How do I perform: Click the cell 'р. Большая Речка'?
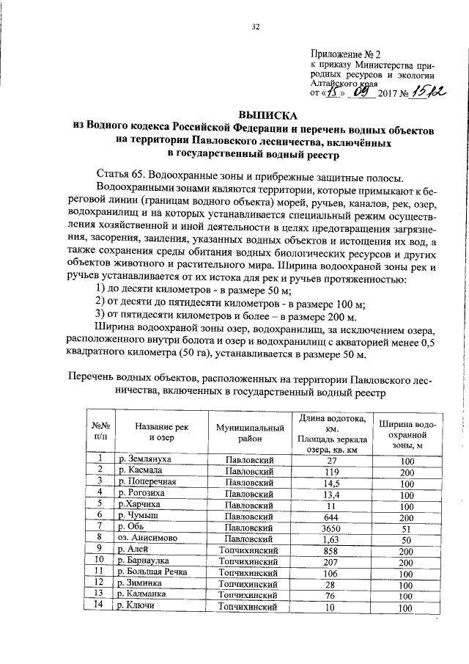pyautogui.click(x=152, y=572)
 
